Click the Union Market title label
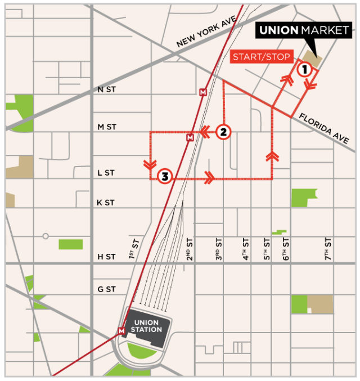coord(304,30)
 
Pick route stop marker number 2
coord(223,132)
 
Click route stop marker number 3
coord(164,177)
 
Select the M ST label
coord(107,127)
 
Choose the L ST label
coord(106,173)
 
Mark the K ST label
coord(106,203)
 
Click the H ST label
coord(106,257)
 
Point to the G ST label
coord(106,289)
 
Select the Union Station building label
coord(146,326)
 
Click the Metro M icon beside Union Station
coord(121,331)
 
